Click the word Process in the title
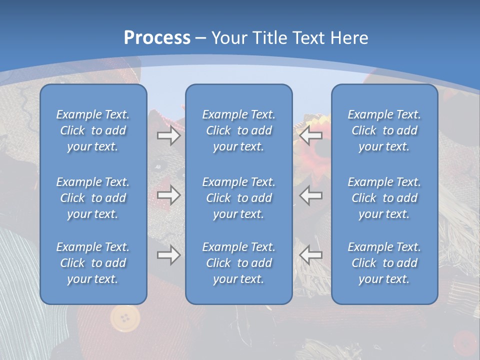click(157, 38)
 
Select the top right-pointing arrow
click(168, 135)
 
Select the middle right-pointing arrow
click(168, 195)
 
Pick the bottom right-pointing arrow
click(168, 255)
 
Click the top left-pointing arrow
click(311, 135)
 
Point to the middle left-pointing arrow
click(311, 195)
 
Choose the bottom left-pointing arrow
click(311, 255)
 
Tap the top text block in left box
click(93, 130)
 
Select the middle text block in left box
click(93, 198)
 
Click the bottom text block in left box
click(93, 263)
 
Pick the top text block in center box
click(239, 130)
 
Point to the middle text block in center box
click(239, 198)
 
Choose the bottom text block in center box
click(239, 263)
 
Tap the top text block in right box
click(384, 130)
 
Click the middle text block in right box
click(384, 198)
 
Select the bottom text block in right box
click(384, 263)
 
